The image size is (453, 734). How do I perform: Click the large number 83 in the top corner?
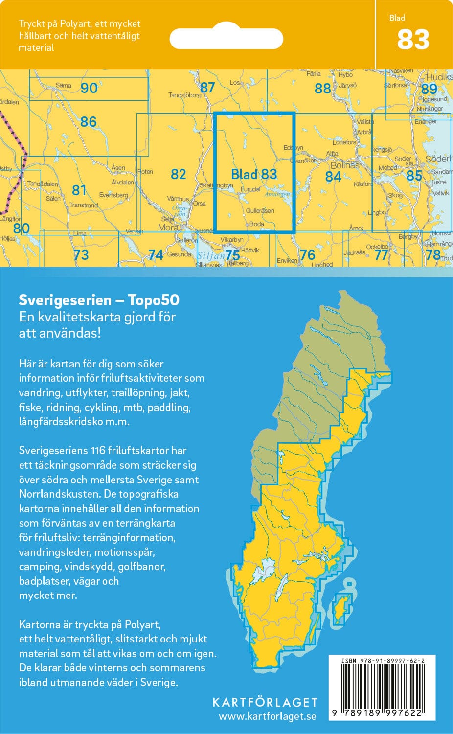[413, 40]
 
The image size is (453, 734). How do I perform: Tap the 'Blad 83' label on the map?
[254, 174]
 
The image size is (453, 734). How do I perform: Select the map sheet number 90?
[89, 88]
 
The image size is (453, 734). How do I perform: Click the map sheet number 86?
[89, 121]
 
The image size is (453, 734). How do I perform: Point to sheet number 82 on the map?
[179, 174]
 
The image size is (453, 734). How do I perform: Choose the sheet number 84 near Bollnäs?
[333, 176]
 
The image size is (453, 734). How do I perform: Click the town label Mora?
[168, 228]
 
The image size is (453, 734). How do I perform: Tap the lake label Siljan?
[210, 255]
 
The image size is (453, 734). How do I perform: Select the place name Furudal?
[250, 189]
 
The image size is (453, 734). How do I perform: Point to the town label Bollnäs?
[345, 165]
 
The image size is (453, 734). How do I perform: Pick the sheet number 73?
[81, 254]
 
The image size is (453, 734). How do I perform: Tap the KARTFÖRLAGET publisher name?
[265, 702]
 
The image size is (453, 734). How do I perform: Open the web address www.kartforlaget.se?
[267, 716]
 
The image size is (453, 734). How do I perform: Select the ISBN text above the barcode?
[382, 661]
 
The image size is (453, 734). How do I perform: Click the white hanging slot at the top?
[226, 39]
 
